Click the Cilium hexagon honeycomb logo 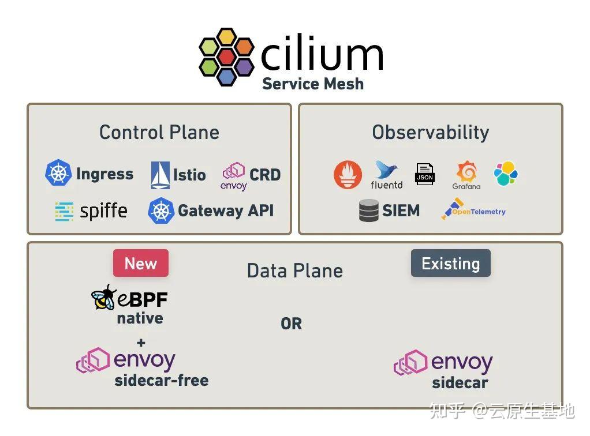coord(226,57)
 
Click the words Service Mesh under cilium coord(312,84)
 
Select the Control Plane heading coord(159,132)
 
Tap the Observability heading coord(430,132)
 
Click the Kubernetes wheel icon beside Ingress coord(58,174)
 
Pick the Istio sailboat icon coord(160,175)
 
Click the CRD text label coord(265,175)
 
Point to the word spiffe coord(103,211)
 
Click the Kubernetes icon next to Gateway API coord(161,211)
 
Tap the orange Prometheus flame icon coord(348,175)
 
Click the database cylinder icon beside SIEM coord(369,211)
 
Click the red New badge coord(141,264)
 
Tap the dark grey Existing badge coord(450,264)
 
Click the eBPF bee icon coord(104,298)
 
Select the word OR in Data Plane coord(291,324)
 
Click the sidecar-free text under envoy coord(162,381)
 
